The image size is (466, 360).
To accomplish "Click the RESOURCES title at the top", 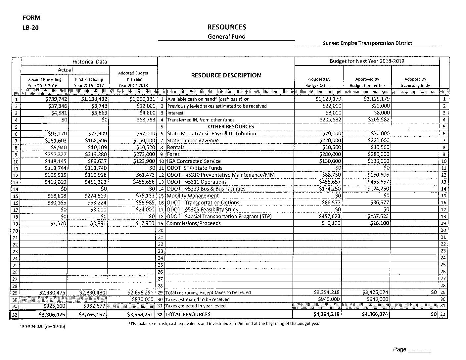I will (x=227, y=27).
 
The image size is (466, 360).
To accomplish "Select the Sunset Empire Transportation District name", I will (x=367, y=43).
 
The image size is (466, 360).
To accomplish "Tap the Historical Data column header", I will (x=89, y=62).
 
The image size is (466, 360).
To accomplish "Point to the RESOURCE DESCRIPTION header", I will (x=226, y=75).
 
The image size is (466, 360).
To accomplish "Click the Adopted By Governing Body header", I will (x=415, y=82).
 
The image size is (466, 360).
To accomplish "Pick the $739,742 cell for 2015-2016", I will (x=56, y=99).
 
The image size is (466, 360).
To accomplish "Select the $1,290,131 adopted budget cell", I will (x=141, y=99).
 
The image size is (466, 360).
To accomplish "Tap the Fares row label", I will (x=173, y=154).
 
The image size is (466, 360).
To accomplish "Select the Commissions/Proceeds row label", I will (x=193, y=223).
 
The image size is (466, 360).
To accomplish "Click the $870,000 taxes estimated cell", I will (x=143, y=299).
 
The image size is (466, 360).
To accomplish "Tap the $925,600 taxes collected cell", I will (x=55, y=306).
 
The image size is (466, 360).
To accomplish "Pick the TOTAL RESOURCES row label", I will (x=188, y=314).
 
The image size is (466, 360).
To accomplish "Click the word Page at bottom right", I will (x=399, y=349).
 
